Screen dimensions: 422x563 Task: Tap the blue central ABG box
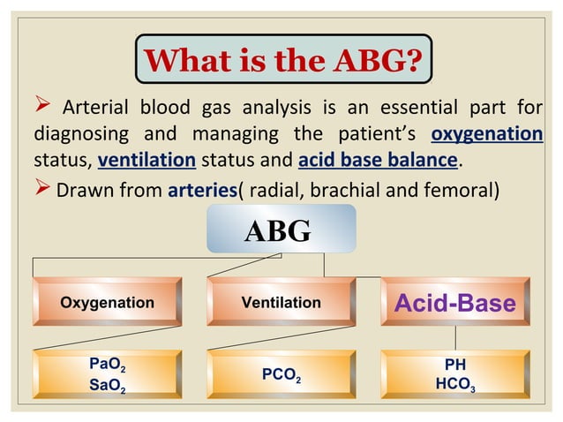click(281, 229)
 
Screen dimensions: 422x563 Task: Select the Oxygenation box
click(107, 302)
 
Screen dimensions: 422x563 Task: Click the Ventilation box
click(281, 302)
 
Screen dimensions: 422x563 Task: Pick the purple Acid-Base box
click(454, 302)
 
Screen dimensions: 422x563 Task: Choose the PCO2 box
click(281, 374)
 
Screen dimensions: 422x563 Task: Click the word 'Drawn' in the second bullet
click(81, 187)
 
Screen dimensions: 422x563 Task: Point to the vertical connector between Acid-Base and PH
click(455, 336)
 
